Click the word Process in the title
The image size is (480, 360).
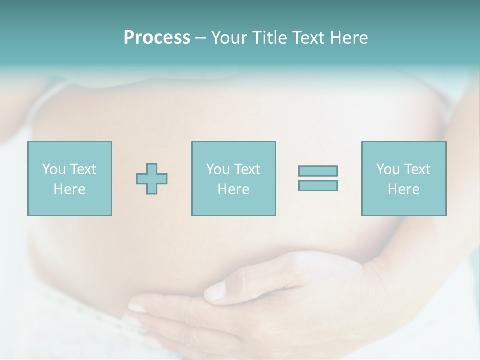pos(157,38)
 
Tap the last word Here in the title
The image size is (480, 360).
pos(349,38)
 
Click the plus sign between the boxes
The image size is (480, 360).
pos(152,179)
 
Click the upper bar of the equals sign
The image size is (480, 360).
pos(318,171)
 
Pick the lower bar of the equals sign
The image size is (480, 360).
pos(318,186)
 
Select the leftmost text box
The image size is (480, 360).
pos(70,178)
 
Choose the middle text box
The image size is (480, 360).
pos(233,178)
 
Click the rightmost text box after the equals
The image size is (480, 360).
pos(404,178)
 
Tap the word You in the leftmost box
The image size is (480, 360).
pos(54,169)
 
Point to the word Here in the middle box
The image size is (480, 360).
pos(233,189)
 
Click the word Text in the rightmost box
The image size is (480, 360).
pos(417,169)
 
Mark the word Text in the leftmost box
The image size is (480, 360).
pos(83,169)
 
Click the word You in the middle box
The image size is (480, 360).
pos(218,169)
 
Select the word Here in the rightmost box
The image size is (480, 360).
pos(404,189)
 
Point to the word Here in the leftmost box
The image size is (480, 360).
pos(70,189)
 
